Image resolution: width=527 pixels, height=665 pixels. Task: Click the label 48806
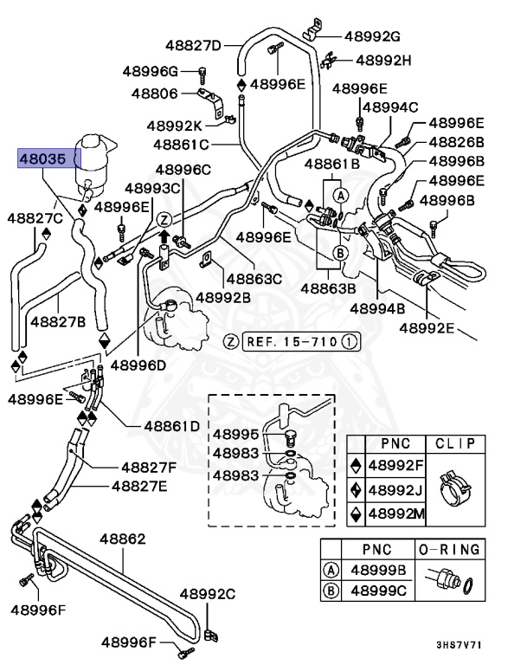(155, 93)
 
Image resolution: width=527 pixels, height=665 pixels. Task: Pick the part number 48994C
(389, 107)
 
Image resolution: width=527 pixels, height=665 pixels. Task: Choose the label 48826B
(456, 142)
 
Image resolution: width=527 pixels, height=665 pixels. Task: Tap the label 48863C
(254, 278)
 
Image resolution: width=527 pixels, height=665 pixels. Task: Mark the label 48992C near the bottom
(208, 594)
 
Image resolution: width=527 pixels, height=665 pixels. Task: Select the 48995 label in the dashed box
(235, 434)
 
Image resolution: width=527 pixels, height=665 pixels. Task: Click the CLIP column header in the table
(455, 443)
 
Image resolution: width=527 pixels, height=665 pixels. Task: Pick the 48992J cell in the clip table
(395, 489)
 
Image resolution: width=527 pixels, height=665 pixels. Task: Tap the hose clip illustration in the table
(455, 489)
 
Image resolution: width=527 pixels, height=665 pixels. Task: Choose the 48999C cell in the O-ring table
(377, 592)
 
